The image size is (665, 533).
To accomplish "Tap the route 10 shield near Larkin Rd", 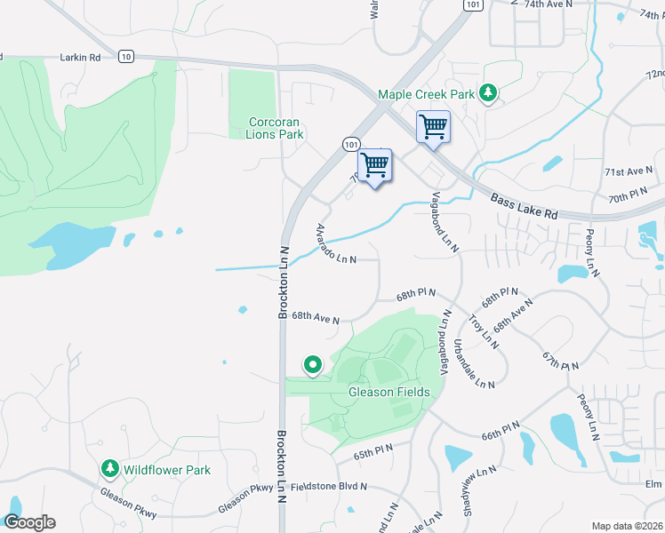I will [124, 57].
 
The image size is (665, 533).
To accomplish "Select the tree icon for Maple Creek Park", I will [487, 93].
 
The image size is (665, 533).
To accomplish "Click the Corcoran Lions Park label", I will [276, 128].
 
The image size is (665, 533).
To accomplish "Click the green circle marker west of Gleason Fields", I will [313, 364].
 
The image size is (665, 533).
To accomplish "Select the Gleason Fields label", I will [389, 392].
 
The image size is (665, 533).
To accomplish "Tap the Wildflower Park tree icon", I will [109, 468].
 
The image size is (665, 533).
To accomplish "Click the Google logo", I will [29, 522].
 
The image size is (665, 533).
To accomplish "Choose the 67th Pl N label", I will [561, 360].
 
